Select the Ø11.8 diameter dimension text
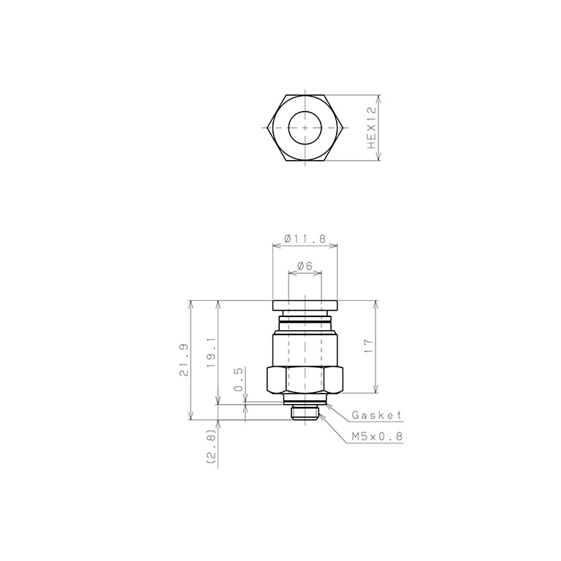(305, 239)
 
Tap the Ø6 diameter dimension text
(305, 267)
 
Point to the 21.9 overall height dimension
(183, 360)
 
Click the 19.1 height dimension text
(211, 351)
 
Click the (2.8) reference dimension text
(211, 446)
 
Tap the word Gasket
(377, 416)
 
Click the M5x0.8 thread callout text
(377, 436)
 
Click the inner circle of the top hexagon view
(305, 128)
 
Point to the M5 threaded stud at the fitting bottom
(305, 413)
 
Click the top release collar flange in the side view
(305, 306)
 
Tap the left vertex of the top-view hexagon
(267, 128)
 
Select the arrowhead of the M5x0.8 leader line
(321, 414)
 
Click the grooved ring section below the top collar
(305, 321)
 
